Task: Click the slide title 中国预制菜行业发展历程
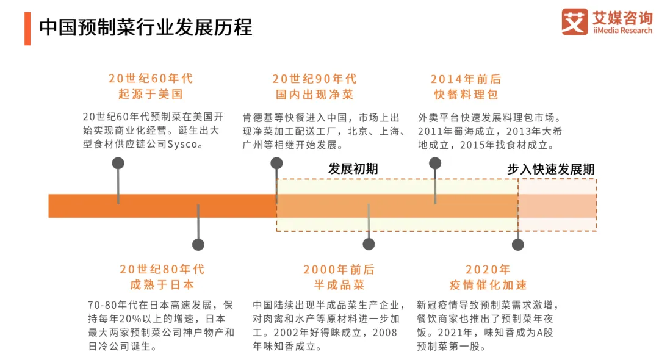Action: click(x=145, y=27)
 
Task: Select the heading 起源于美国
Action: click(x=151, y=95)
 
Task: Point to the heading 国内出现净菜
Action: click(x=314, y=95)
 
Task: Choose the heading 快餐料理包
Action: click(x=466, y=95)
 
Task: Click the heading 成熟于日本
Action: click(x=162, y=285)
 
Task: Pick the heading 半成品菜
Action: click(x=339, y=285)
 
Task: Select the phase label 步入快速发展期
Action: click(x=550, y=169)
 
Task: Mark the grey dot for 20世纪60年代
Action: click(x=118, y=163)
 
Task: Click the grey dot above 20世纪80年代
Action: click(x=198, y=245)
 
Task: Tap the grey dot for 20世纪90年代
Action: click(x=276, y=163)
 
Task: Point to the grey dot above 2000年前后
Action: click(x=369, y=245)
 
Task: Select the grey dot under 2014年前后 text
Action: click(x=435, y=163)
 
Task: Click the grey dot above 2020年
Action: click(x=518, y=245)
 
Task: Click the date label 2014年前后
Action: click(x=466, y=79)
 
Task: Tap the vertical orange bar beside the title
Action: click(x=27, y=27)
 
